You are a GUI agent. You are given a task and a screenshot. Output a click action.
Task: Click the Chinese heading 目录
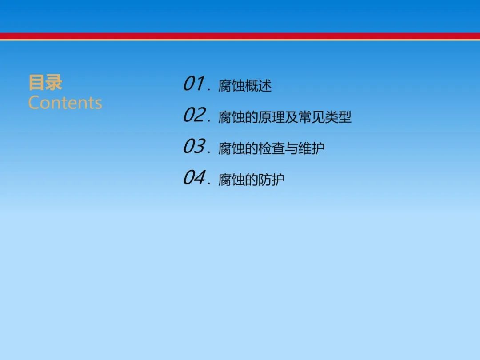45,82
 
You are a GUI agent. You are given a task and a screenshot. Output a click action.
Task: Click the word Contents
65,103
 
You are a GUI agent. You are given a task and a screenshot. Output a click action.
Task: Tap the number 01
194,84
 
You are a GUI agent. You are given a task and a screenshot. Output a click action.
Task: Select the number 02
194,115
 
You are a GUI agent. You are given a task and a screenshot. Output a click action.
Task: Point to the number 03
194,146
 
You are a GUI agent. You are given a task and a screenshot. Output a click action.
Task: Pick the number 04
194,178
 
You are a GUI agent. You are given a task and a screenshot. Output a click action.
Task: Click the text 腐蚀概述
245,86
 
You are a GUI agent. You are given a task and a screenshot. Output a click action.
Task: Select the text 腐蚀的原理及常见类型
285,117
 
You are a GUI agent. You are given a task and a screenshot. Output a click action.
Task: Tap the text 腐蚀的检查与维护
271,148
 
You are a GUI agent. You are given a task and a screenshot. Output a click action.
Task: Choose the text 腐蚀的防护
251,180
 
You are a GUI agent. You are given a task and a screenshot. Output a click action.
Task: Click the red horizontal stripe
240,36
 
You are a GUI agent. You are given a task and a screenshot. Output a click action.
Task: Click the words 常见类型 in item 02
325,117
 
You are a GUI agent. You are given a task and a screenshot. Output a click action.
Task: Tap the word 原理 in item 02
271,117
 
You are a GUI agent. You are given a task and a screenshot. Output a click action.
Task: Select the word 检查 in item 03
271,148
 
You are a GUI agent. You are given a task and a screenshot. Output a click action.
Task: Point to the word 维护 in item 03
311,148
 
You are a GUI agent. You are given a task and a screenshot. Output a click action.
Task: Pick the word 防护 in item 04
272,180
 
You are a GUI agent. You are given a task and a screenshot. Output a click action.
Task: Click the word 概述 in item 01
258,86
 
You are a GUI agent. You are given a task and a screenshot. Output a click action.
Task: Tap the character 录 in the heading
54,82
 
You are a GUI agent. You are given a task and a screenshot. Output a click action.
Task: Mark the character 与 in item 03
292,148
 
